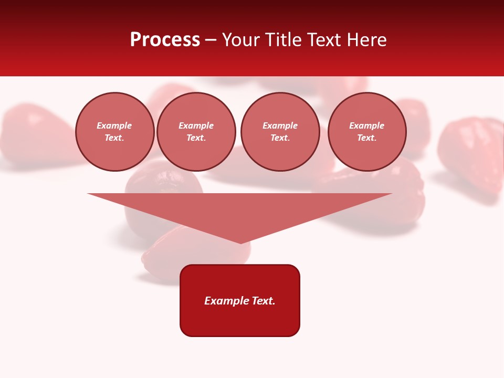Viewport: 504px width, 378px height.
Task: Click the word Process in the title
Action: pyautogui.click(x=165, y=40)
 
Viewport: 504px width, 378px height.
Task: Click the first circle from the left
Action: pyautogui.click(x=114, y=132)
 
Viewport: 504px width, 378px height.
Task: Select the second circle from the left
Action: pyautogui.click(x=196, y=132)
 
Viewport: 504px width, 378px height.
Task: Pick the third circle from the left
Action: pyautogui.click(x=280, y=132)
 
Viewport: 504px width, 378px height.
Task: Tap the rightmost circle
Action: pyautogui.click(x=366, y=132)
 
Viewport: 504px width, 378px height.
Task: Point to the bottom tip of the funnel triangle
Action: pyautogui.click(x=240, y=243)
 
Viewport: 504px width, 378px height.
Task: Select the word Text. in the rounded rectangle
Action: pyautogui.click(x=264, y=301)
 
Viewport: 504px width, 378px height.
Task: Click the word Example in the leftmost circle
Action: pyautogui.click(x=114, y=126)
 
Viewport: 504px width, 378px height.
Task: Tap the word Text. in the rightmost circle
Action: pyautogui.click(x=366, y=138)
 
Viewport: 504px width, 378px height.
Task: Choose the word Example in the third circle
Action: pyautogui.click(x=280, y=126)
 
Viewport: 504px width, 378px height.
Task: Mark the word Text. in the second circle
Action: pyautogui.click(x=196, y=138)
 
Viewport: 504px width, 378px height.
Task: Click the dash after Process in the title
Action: pyautogui.click(x=211, y=40)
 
